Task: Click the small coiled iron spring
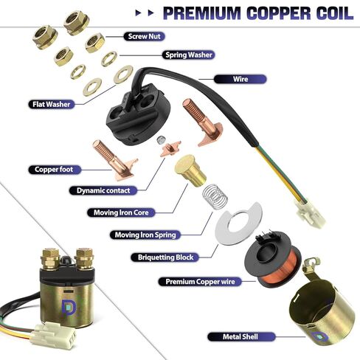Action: [x=212, y=199]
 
